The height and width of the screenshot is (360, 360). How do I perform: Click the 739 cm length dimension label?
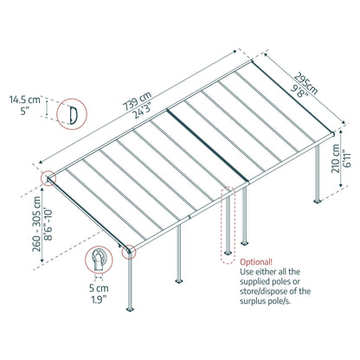click(137, 100)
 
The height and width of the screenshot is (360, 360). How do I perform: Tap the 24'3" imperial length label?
click(144, 111)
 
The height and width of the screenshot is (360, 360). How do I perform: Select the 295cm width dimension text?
click(306, 84)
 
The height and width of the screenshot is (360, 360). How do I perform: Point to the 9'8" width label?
click(299, 91)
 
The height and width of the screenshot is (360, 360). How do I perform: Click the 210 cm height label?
click(336, 158)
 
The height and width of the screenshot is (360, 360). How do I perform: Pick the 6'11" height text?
click(346, 158)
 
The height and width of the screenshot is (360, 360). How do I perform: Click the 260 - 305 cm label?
click(37, 224)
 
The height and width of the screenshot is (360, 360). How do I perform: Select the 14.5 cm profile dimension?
click(25, 100)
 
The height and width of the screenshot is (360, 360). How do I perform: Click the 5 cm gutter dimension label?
click(99, 288)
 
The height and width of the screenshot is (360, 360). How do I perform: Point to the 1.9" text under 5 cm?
click(99, 299)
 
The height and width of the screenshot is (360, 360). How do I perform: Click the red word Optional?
click(256, 262)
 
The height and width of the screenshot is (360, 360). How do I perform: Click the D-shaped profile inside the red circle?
click(73, 114)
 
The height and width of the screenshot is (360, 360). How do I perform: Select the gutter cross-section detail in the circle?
click(99, 260)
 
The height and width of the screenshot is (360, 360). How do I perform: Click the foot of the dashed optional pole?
click(228, 253)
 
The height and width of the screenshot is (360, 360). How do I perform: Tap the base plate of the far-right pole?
click(318, 201)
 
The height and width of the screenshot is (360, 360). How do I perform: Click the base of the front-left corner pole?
click(131, 310)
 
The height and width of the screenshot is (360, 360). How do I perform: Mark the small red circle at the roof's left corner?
click(48, 178)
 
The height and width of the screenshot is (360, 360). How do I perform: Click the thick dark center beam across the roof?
click(208, 145)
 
